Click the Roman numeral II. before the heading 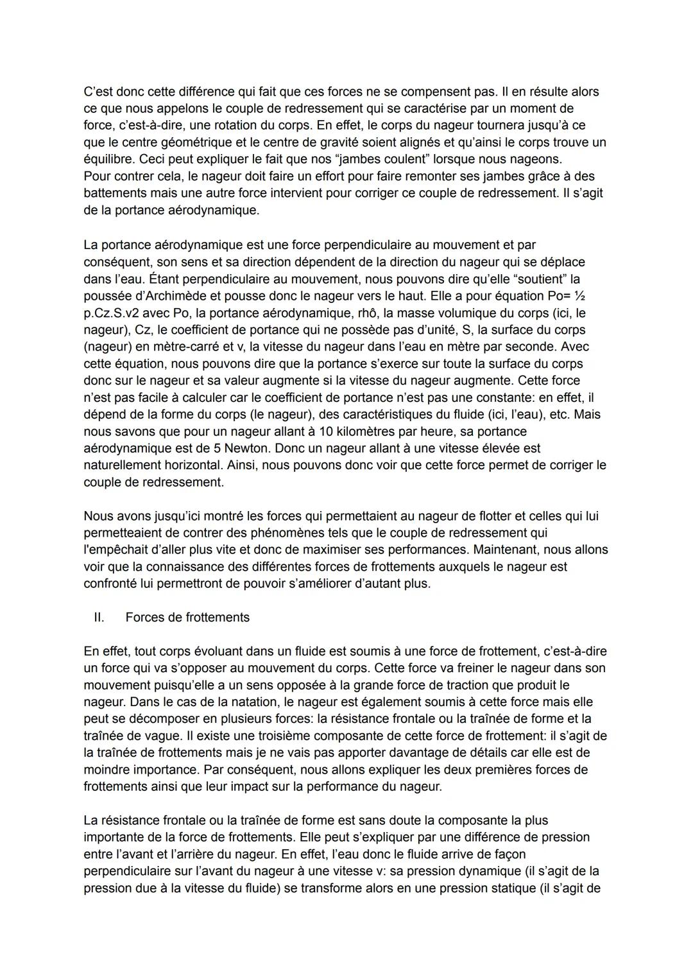[99, 618]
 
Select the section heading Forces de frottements [187, 618]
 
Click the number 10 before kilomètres [326, 431]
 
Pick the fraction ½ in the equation [579, 296]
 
